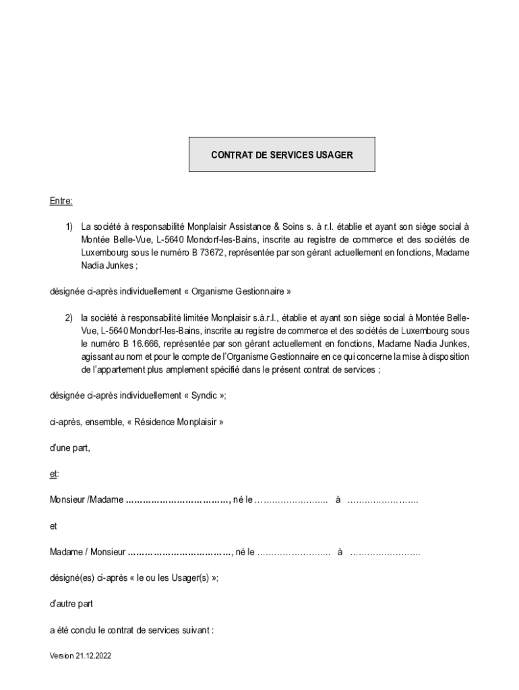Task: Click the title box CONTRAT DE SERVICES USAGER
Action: [x=282, y=155]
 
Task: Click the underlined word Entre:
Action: [x=61, y=201]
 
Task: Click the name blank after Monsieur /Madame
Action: [x=179, y=500]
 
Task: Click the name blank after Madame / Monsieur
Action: [x=180, y=553]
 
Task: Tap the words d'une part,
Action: [x=69, y=447]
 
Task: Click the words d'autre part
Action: [x=71, y=604]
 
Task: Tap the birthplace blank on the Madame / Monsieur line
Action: [x=386, y=553]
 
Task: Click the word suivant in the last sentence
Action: [x=195, y=631]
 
